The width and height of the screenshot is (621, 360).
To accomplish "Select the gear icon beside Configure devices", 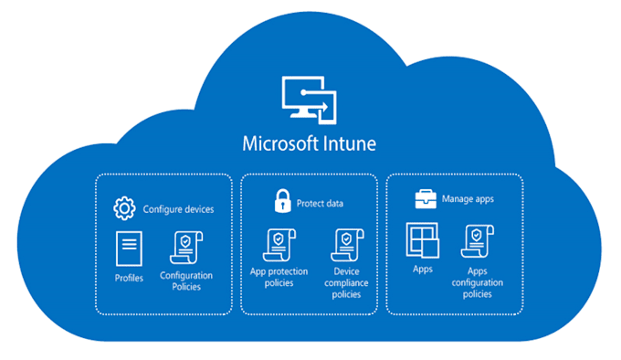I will tap(123, 208).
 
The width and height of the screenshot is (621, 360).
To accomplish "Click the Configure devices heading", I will tap(178, 209).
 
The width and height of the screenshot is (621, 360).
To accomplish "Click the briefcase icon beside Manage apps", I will tap(425, 196).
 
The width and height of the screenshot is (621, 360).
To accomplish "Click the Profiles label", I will tap(129, 278).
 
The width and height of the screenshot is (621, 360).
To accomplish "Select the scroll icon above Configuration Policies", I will tap(186, 249).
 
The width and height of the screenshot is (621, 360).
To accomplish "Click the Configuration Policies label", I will tap(186, 281).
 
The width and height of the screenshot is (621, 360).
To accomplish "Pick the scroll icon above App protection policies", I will tap(279, 245).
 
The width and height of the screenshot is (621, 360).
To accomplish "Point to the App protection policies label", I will tap(279, 277).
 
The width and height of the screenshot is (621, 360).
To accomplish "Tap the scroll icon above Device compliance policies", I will tap(348, 245).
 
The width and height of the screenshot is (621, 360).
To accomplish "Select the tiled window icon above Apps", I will tap(422, 241).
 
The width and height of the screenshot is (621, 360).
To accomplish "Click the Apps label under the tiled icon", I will tap(422, 270).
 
